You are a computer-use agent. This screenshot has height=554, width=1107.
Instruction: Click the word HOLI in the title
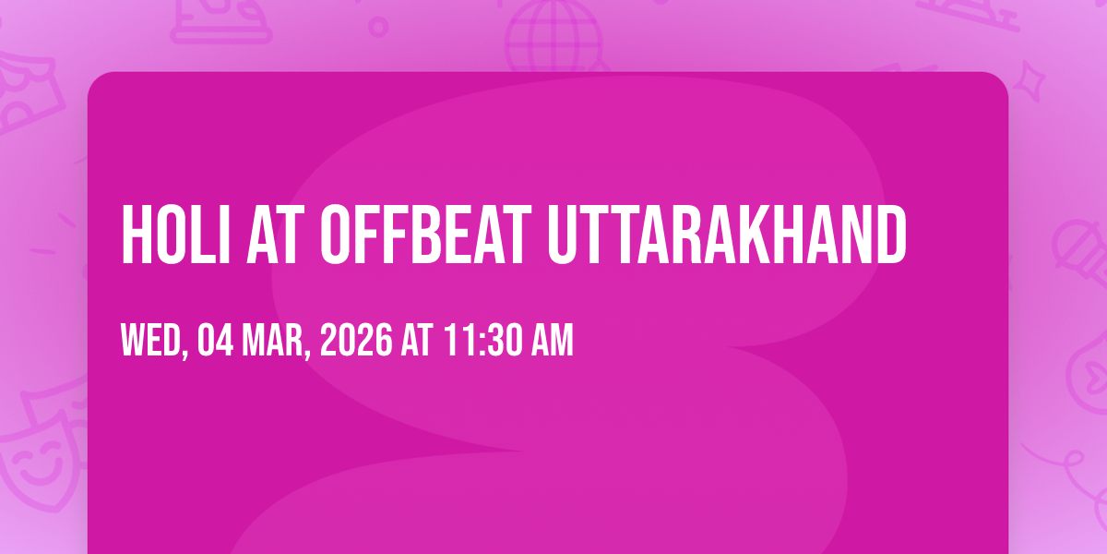[x=175, y=235]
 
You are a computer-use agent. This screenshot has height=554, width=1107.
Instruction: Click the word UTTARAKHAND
[x=727, y=235]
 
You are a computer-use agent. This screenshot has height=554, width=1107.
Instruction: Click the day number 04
[x=216, y=340]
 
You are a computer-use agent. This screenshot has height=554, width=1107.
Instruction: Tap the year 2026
[x=356, y=340]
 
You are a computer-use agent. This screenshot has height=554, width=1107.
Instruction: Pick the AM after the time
[x=553, y=340]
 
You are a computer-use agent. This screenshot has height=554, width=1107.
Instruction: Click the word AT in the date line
[x=417, y=340]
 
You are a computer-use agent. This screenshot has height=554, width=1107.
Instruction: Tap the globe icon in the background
[x=554, y=36]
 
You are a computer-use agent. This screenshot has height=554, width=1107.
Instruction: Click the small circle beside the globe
[x=378, y=27]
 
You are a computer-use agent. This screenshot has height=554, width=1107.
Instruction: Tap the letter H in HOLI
[x=136, y=235]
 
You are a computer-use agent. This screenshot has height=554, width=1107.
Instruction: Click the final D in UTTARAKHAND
[x=891, y=235]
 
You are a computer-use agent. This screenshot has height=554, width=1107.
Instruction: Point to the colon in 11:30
[x=482, y=343]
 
